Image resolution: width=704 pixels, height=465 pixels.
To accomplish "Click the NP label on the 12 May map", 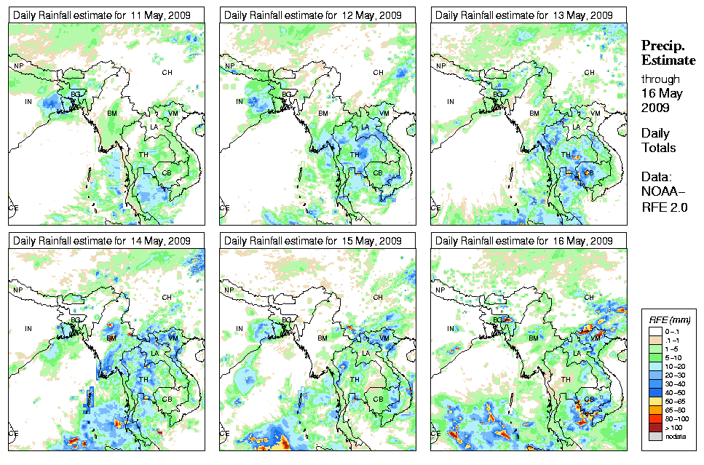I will pos(229,66).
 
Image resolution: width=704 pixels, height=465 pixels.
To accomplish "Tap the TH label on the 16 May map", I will pos(566,379).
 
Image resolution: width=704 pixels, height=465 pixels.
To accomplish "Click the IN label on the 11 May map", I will pos(29,102).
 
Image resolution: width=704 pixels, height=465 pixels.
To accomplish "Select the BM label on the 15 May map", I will pos(323,338).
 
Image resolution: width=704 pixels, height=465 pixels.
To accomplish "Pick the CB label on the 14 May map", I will pos(166,399).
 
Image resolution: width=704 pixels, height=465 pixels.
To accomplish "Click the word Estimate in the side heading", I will pos(668,60).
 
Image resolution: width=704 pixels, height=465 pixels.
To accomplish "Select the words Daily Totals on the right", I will pos(658,140).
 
